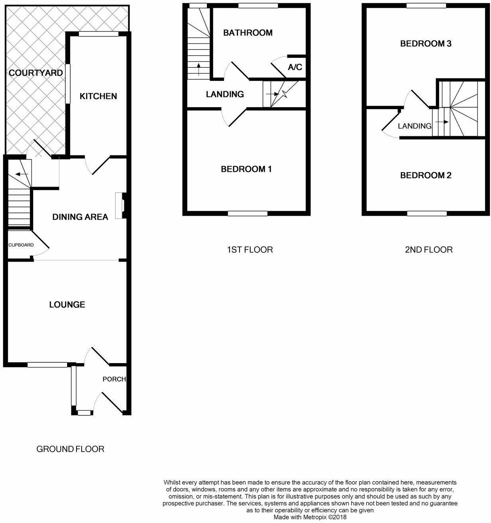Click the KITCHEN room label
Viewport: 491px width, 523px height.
tap(98, 96)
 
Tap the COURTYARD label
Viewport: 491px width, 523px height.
tap(36, 73)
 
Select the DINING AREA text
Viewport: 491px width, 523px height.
tap(80, 217)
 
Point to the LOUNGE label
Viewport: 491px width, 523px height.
tap(67, 305)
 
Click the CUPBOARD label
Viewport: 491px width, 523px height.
tap(21, 245)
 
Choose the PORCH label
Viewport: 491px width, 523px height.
tap(114, 379)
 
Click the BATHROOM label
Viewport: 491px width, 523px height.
tap(247, 33)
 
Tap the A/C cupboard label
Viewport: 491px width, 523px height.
tap(295, 67)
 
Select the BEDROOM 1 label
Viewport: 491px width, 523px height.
tap(246, 169)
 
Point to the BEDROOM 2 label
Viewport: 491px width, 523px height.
tap(426, 175)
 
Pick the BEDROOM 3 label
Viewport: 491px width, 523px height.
tap(426, 43)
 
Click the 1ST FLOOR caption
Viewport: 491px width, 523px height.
tap(250, 250)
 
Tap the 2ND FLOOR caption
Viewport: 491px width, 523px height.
tap(428, 250)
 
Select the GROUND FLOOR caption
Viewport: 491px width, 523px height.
tap(70, 449)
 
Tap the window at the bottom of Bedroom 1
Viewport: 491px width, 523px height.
tap(247, 214)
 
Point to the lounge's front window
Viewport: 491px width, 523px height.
tap(47, 364)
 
